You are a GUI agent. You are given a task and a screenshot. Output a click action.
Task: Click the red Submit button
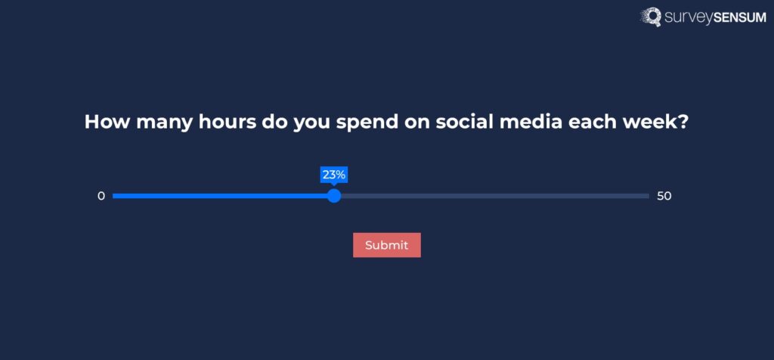click(x=386, y=245)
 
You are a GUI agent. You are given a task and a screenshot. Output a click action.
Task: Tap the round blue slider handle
click(x=334, y=196)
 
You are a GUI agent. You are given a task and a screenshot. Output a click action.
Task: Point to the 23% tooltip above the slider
click(x=334, y=175)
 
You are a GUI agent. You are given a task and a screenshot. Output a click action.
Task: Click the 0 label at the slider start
click(x=101, y=196)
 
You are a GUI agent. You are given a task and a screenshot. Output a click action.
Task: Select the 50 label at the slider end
click(x=664, y=196)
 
